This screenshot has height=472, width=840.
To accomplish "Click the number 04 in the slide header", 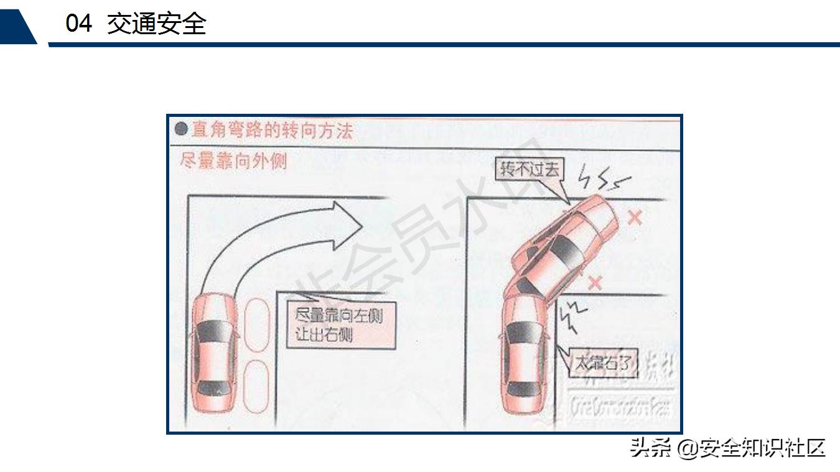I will point(79,24).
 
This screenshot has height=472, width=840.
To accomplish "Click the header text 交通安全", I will point(156,24).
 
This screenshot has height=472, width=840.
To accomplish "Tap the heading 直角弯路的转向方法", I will point(272,130).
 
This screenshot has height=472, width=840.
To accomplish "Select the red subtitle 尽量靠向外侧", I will point(233,161).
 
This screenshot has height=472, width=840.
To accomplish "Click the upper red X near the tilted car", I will point(634,218).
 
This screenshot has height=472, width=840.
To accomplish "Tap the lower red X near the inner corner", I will point(595,283).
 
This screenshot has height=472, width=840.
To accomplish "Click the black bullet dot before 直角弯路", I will point(181,129).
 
